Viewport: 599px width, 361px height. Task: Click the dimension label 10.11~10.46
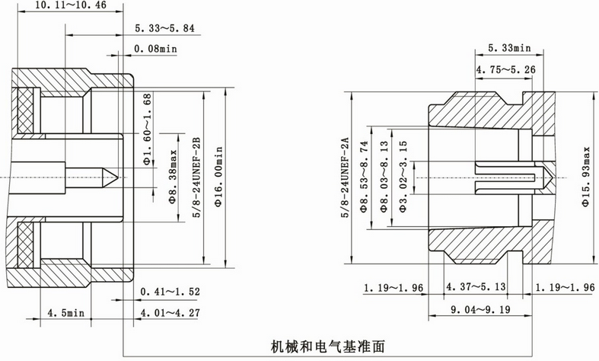tap(71, 5)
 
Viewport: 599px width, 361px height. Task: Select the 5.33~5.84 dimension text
tap(164, 28)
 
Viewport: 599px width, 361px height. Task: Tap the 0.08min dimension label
tap(155, 49)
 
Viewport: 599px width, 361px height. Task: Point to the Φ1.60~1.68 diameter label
tap(148, 129)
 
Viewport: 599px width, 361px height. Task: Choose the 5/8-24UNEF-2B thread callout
tap(196, 177)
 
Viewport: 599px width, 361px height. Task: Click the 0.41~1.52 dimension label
tap(170, 292)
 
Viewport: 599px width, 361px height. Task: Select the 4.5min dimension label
tap(65, 313)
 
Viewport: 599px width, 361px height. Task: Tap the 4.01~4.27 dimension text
tap(170, 313)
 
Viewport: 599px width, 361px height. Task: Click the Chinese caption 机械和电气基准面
tap(328, 347)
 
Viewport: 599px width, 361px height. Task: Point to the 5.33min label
tap(509, 48)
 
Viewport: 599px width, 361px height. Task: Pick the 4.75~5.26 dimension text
tap(505, 69)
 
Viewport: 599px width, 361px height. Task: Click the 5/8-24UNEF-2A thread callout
tap(346, 177)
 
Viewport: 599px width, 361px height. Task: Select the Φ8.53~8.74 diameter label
tap(364, 177)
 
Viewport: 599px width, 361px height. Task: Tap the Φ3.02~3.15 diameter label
tap(403, 177)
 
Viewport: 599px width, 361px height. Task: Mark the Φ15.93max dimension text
tap(586, 177)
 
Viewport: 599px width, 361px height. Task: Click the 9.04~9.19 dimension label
tap(480, 309)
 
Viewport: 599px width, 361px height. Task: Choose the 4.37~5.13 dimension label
tap(476, 286)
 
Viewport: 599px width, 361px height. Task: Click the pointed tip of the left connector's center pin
tap(118, 177)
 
